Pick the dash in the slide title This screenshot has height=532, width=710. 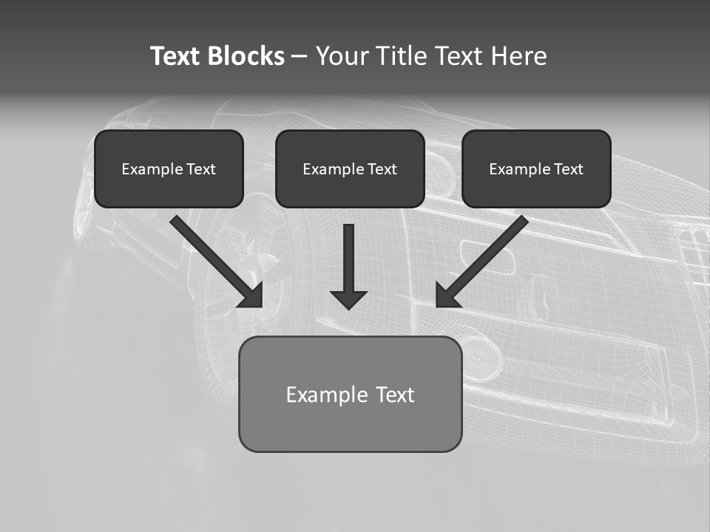coord(300,56)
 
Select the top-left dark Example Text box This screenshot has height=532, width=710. coord(169,169)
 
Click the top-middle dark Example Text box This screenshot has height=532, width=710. coord(350,169)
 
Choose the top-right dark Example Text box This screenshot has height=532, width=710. coord(536,169)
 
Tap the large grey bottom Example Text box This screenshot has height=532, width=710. coord(350,394)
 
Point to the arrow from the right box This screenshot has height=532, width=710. coord(484,259)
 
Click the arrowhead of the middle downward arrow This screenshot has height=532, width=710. coord(348,299)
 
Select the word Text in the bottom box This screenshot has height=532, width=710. coord(395,395)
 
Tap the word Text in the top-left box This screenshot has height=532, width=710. coord(200,169)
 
